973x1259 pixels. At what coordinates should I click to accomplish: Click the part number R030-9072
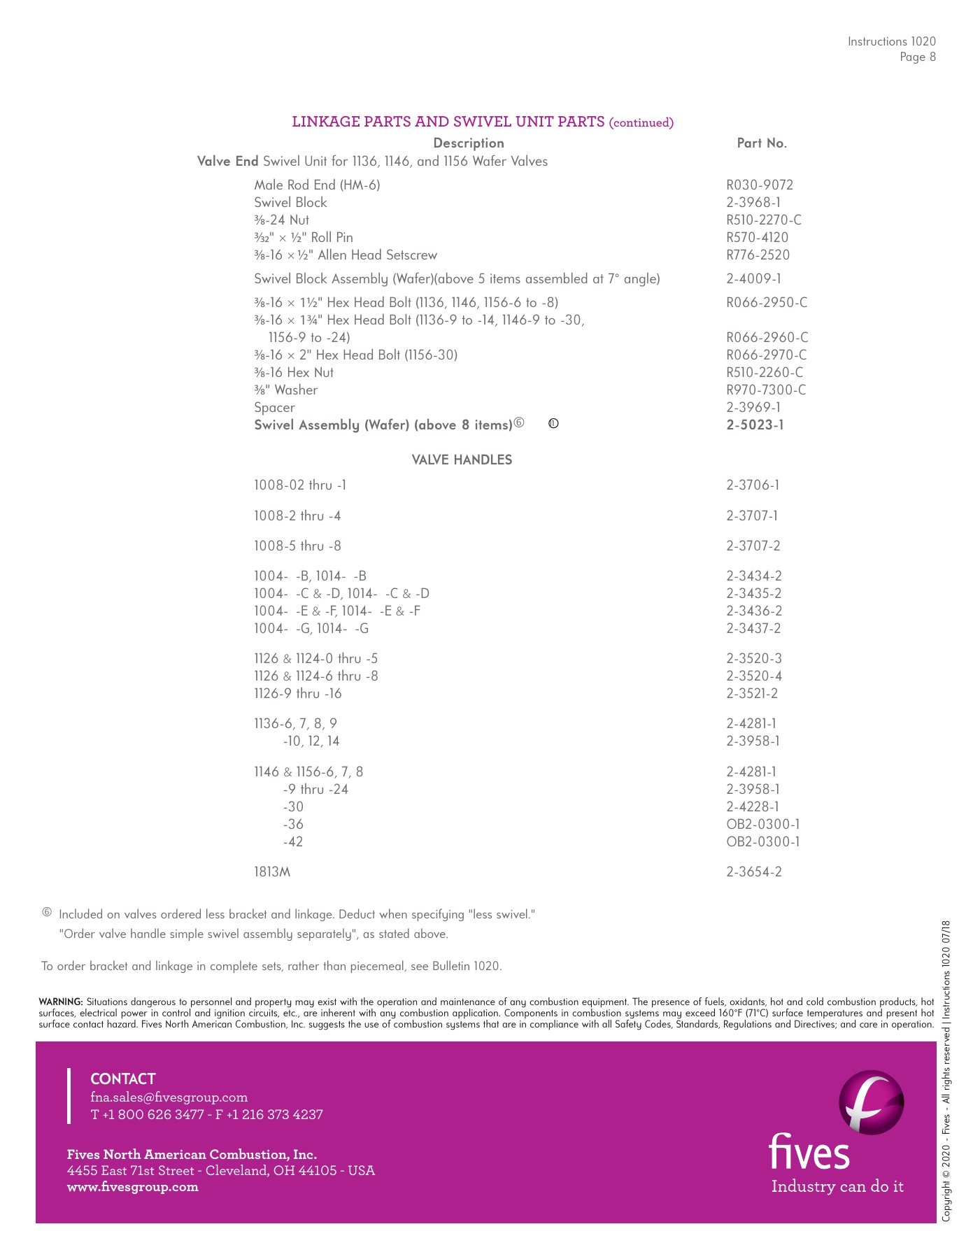coord(760,185)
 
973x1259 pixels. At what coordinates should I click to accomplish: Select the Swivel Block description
coord(290,203)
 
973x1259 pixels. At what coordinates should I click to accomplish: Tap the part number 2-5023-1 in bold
coord(755,425)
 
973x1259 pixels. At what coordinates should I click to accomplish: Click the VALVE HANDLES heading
coord(462,460)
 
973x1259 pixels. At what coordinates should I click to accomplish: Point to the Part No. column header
coord(762,143)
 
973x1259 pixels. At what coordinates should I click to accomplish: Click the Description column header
coord(469,143)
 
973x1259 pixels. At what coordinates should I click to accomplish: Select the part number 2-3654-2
coord(754,872)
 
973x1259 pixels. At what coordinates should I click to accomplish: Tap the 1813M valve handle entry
coord(272,872)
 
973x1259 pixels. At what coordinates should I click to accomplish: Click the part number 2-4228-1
coord(753,807)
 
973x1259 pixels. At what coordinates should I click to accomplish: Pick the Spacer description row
coord(274,408)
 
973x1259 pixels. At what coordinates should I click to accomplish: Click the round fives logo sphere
coord(871,1102)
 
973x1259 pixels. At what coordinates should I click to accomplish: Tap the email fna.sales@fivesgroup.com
coord(169,1097)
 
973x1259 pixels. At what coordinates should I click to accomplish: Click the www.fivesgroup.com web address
coord(133,1187)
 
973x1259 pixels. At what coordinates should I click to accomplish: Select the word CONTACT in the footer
coord(123,1079)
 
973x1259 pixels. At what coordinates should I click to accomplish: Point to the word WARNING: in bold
coord(61,1002)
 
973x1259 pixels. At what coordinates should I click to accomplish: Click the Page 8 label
coord(918,57)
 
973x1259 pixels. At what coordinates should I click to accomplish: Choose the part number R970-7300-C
coord(766,390)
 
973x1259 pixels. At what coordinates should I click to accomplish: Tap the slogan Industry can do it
coord(837,1187)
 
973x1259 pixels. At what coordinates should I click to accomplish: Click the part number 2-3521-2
coord(752,694)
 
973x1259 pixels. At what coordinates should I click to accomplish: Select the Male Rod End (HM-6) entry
coord(317,185)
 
